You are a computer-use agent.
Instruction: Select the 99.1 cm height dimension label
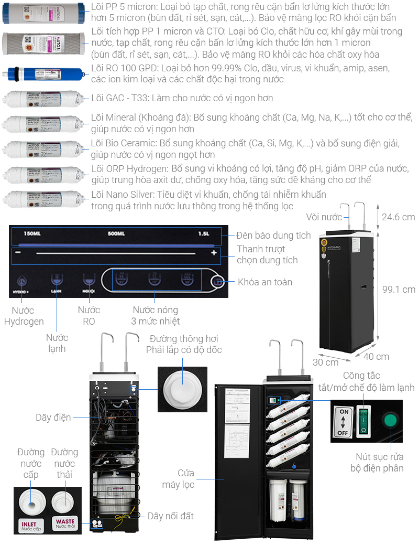click(398, 289)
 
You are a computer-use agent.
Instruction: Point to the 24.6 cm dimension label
click(398, 217)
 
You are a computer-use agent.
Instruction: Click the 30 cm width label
click(325, 362)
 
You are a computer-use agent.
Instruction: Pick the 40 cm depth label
click(376, 357)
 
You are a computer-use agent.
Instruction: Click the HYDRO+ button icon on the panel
click(22, 282)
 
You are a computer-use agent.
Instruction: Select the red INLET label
click(31, 525)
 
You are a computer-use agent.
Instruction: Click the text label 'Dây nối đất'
click(171, 516)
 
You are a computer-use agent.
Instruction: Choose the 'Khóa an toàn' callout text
click(265, 282)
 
